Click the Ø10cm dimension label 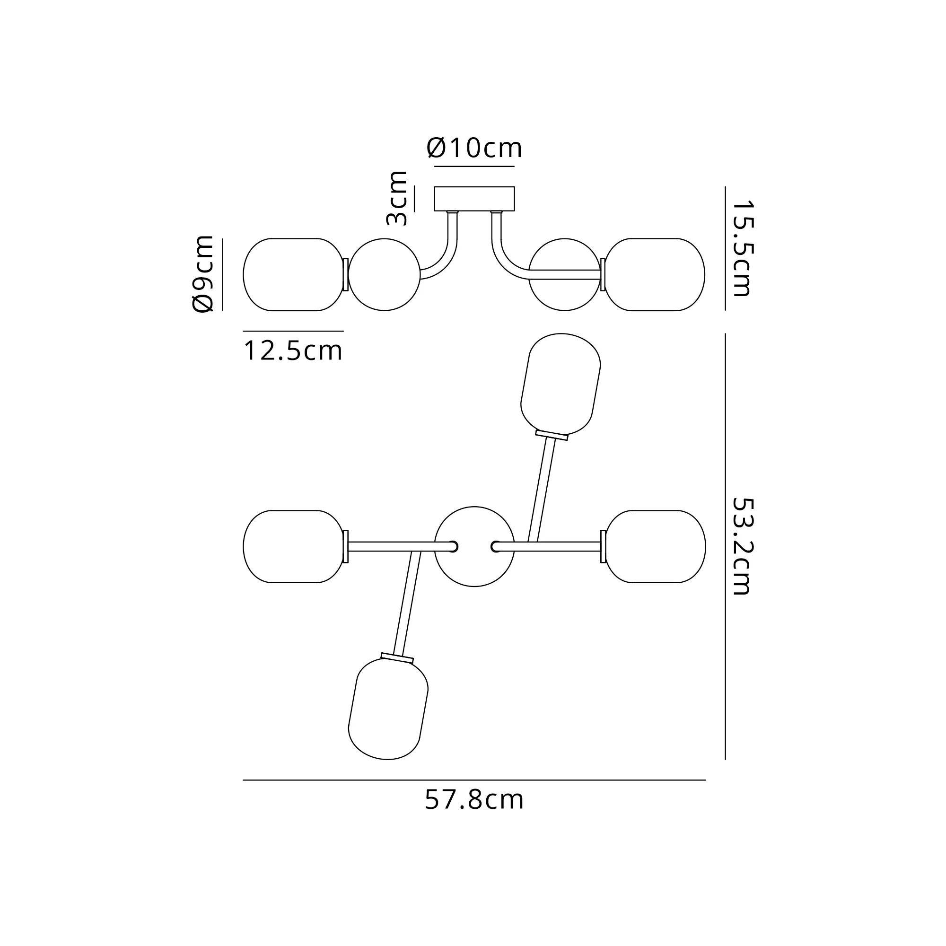coord(474,148)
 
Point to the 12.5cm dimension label coord(293,351)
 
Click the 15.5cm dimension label coord(742,248)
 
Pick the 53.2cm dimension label coord(742,546)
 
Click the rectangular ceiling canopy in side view coord(474,199)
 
